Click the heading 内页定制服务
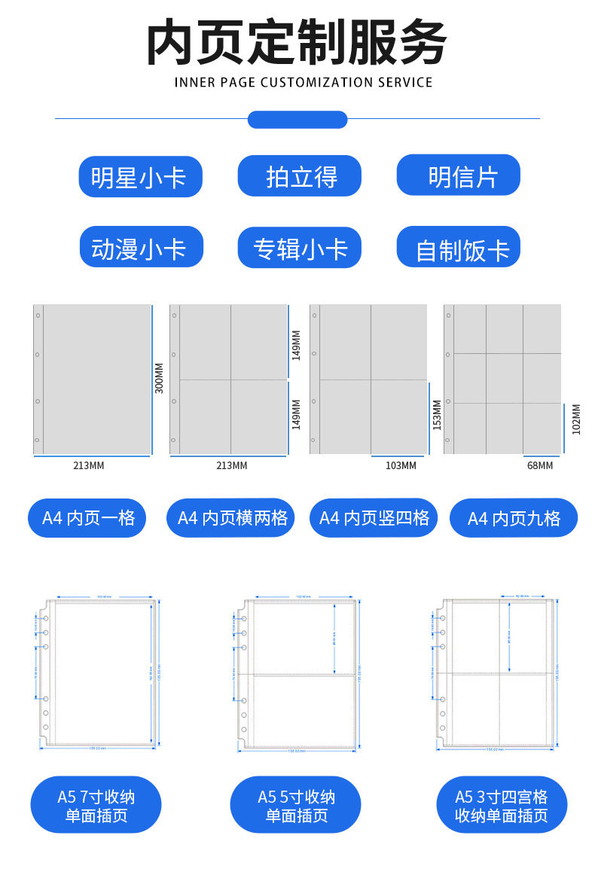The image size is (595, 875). coord(297,42)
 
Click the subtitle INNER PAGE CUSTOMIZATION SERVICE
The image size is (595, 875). coord(304,82)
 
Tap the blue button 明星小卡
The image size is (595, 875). coord(140,177)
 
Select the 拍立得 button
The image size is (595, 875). coord(300,177)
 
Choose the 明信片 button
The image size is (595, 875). coord(459,176)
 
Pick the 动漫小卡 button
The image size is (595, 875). coord(141,247)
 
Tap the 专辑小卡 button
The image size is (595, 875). coord(300,248)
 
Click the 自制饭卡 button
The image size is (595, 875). coord(459,248)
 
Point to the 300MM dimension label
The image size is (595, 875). coord(159,378)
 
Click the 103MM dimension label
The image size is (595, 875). coord(401,465)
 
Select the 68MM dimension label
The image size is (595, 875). coord(540,465)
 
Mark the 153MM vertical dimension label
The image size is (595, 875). coord(437,415)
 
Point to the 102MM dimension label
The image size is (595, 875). coord(576,419)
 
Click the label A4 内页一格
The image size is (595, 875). coord(87,517)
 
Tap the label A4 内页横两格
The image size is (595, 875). coord(230,517)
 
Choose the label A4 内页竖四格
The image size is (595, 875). coord(374,517)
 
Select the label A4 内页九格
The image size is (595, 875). coord(514,518)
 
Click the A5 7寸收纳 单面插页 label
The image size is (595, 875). coord(96,806)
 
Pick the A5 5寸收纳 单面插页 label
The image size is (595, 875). coord(296,806)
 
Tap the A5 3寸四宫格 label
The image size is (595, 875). coord(502,806)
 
